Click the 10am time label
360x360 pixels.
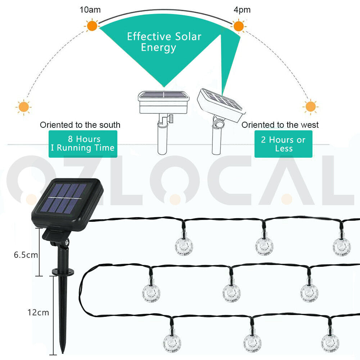90,10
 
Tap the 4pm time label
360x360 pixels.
242,10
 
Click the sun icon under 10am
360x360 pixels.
92,26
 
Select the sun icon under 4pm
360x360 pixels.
238,26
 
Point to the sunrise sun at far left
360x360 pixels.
24,107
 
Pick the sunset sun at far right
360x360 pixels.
310,107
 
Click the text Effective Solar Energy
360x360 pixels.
164,42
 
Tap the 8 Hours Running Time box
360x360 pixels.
83,144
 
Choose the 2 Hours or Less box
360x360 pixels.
283,144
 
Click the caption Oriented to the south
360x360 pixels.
80,125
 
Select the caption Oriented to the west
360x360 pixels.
280,125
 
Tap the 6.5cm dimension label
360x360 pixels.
26,255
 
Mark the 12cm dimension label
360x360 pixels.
38,312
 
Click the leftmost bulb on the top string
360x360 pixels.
184,246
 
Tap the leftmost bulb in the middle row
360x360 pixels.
150,292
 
